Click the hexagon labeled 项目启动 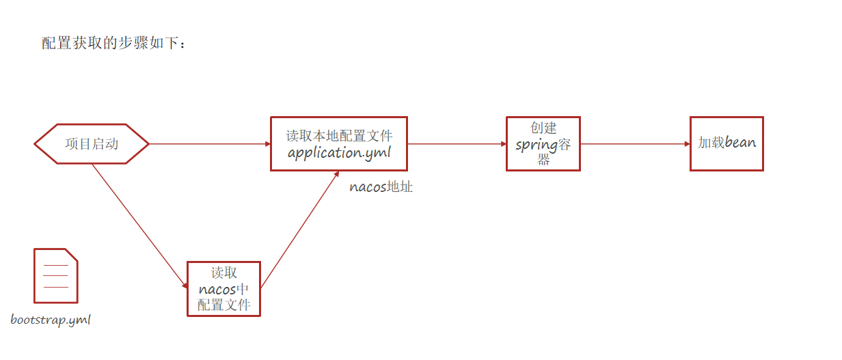[x=92, y=144]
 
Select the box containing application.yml [x=339, y=143]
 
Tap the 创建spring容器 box [x=543, y=143]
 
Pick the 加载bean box [x=726, y=143]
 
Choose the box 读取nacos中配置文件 [x=224, y=289]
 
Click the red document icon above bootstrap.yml [x=55, y=275]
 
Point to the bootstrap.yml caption [x=51, y=320]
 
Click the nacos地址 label [x=381, y=186]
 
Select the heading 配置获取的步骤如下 [x=113, y=43]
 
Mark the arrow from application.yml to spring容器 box [x=456, y=144]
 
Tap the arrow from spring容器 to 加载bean [x=634, y=144]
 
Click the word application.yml [x=339, y=152]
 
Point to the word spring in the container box [x=537, y=145]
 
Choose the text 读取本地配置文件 [x=339, y=135]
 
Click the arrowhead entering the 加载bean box [x=686, y=144]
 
